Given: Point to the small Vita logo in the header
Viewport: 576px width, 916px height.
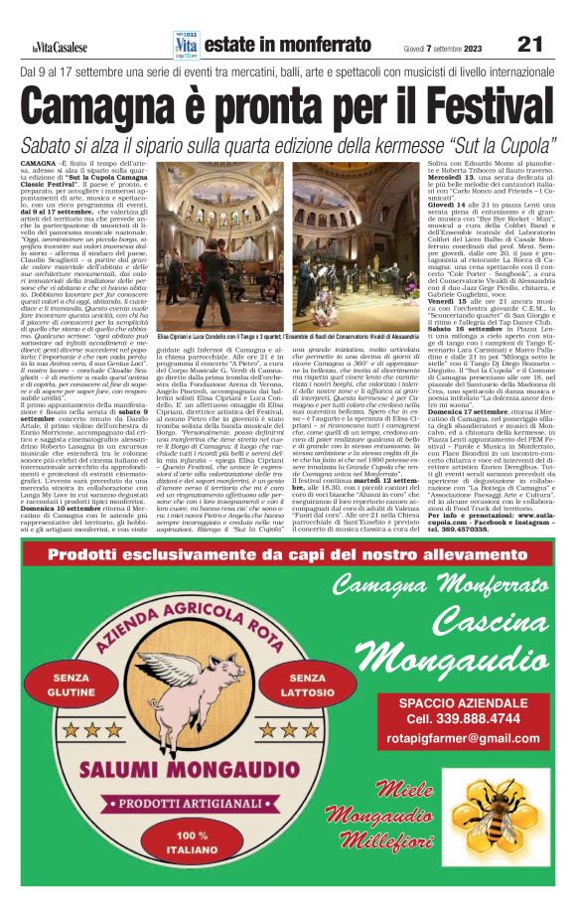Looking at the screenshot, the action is [x=186, y=43].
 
